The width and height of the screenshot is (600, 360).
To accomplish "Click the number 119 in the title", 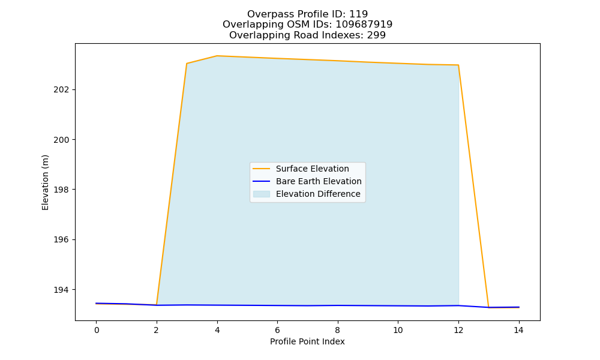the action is coord(358,14).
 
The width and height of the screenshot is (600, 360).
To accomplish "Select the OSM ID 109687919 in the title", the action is coord(364,25).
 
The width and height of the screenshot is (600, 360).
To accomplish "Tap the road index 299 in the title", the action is coord(376,35).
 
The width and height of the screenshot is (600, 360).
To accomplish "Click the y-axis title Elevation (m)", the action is coord(45,182).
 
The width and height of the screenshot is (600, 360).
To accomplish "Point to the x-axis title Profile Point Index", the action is coord(307,341).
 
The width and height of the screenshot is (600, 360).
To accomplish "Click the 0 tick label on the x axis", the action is coord(97,330).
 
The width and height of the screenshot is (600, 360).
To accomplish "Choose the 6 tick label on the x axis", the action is coord(277,330).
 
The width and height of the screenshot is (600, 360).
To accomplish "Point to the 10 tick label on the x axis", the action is coord(398,330).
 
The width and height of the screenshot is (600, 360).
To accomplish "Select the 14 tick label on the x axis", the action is coord(518,330).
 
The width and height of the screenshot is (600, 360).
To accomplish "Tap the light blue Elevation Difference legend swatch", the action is coord(262,194).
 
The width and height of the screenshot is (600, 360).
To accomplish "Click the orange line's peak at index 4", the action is coord(217,56).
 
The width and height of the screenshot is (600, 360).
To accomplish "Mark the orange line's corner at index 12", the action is coord(458,65).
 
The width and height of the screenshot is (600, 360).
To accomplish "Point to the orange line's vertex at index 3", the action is coord(187,64).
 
